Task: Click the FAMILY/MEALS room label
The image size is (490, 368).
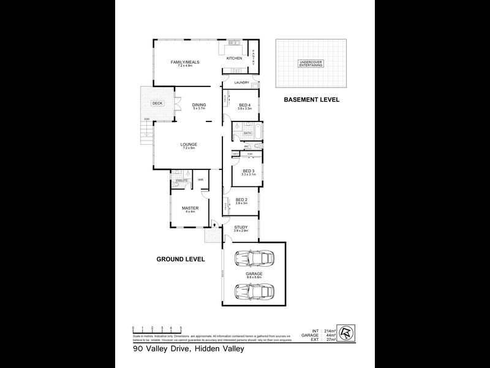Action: [x=185, y=63]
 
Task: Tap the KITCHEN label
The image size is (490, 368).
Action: [x=235, y=58]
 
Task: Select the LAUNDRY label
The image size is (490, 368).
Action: [x=241, y=82]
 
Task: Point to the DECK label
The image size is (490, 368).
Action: [x=157, y=103]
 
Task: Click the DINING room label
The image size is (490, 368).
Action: [x=198, y=104]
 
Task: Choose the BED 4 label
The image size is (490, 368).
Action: [x=244, y=105]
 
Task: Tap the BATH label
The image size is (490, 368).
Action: [x=247, y=133]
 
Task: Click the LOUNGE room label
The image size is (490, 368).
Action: [x=189, y=145]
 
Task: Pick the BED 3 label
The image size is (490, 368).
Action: [x=248, y=171]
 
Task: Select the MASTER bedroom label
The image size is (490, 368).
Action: [x=190, y=208]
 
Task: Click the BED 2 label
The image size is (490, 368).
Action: [x=241, y=199]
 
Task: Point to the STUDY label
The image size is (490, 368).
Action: [x=241, y=227]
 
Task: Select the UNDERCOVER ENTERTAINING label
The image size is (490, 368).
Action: [x=310, y=64]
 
